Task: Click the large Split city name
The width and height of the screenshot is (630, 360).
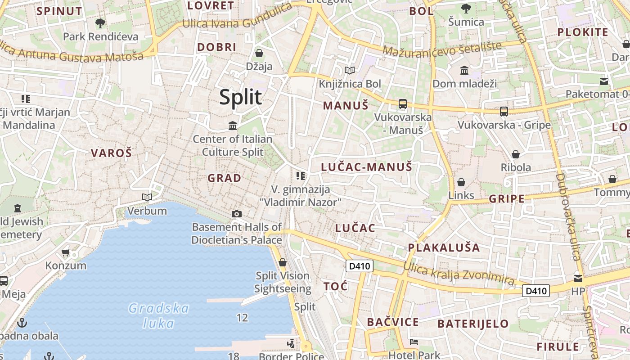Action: [240, 97]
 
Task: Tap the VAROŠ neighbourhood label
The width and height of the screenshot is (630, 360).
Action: [111, 153]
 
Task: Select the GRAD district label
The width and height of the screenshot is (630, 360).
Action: [224, 178]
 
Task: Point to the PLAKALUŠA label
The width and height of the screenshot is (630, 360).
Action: [444, 247]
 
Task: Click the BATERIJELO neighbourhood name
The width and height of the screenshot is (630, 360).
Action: [473, 324]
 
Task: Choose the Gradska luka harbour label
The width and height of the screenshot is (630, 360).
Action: [158, 315]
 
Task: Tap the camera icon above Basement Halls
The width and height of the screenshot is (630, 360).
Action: [237, 214]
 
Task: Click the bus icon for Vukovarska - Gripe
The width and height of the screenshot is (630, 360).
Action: [504, 112]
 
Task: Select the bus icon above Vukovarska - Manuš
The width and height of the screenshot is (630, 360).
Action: [402, 104]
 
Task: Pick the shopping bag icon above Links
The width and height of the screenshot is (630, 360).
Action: [461, 182]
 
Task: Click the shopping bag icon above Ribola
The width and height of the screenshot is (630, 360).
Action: [516, 154]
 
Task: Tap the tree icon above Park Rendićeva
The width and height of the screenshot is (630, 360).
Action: [100, 23]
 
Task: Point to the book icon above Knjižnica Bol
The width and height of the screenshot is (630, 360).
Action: [350, 70]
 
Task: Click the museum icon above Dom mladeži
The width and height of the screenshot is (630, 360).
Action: [464, 70]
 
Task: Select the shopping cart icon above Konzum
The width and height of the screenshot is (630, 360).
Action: [66, 252]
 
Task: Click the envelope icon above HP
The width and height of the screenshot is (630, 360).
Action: [578, 278]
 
